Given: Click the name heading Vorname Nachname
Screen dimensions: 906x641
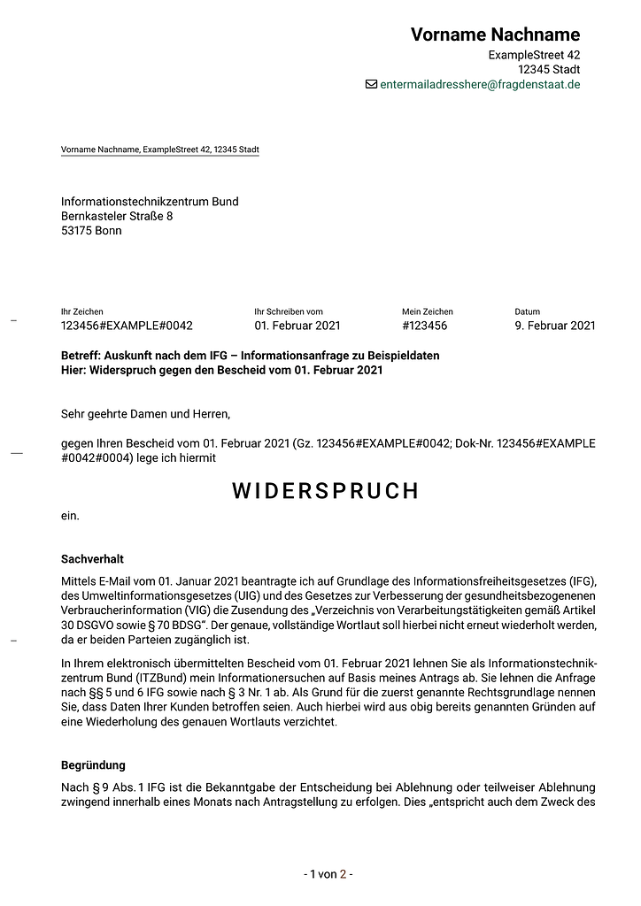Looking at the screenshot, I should (x=495, y=35).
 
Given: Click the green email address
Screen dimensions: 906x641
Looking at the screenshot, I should (x=480, y=84).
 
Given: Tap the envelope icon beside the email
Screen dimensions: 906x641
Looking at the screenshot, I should (x=371, y=84).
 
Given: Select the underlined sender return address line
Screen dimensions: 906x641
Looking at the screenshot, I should (x=159, y=150).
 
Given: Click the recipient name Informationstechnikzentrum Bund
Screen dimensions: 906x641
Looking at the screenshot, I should (x=150, y=202).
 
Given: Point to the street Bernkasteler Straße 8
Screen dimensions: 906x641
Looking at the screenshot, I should (x=117, y=216).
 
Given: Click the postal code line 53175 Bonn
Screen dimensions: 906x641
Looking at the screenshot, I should (x=91, y=230).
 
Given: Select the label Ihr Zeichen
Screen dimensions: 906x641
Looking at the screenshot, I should (x=81, y=311).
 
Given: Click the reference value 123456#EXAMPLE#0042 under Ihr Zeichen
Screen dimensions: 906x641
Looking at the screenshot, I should (x=127, y=326).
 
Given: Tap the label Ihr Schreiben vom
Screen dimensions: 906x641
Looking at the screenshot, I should (x=288, y=311).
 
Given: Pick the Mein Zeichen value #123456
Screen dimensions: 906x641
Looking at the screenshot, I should (x=424, y=326).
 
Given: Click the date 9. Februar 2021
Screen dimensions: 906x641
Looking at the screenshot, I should (x=555, y=326).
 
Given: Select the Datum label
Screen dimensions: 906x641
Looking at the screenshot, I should (x=527, y=311).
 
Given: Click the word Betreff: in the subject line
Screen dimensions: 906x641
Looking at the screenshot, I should (x=81, y=356).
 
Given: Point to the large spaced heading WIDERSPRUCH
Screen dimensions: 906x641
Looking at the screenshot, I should (x=326, y=491).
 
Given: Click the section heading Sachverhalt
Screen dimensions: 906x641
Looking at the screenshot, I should (x=92, y=559).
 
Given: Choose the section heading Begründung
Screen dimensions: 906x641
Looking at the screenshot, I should (x=93, y=764).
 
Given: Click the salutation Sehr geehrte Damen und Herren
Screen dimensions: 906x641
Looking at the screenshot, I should (x=145, y=413).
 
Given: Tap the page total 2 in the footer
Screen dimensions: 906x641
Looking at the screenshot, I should (x=343, y=874).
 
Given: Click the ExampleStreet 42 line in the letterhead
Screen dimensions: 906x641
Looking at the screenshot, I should (x=534, y=55).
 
